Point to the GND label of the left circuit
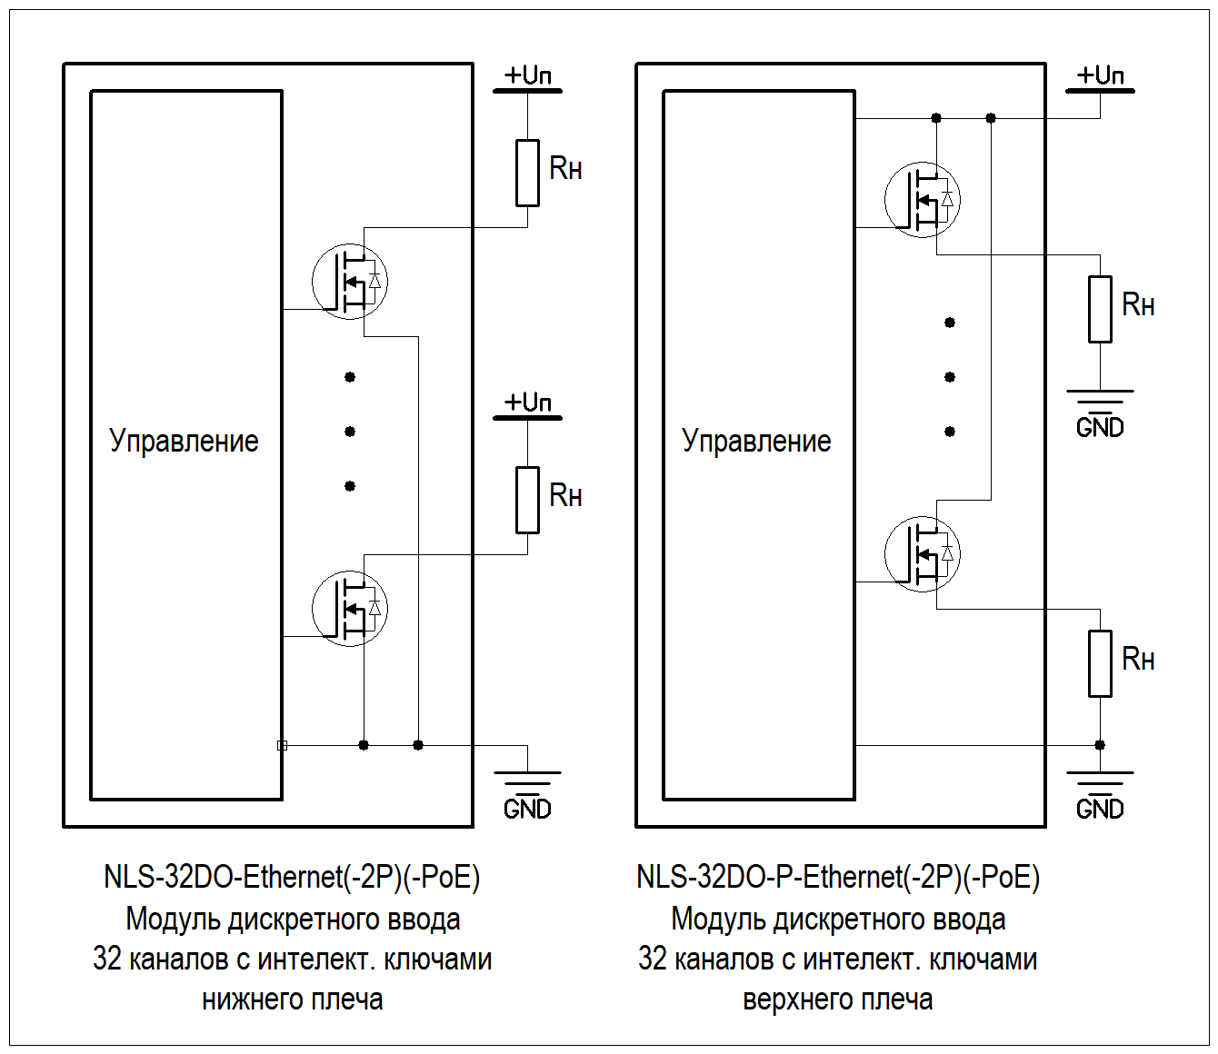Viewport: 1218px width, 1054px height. (527, 809)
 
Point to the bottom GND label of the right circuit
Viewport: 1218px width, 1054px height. (1100, 809)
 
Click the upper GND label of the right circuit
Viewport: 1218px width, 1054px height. (1100, 428)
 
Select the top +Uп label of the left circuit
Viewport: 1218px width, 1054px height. (527, 75)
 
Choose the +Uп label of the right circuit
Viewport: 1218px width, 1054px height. (1100, 75)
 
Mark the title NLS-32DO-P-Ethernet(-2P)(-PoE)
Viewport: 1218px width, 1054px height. (838, 878)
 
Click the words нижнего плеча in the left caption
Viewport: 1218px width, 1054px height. (293, 999)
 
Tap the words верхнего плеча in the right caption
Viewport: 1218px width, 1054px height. (838, 999)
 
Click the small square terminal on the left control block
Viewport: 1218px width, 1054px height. (283, 745)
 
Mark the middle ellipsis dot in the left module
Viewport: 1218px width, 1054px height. (350, 432)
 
